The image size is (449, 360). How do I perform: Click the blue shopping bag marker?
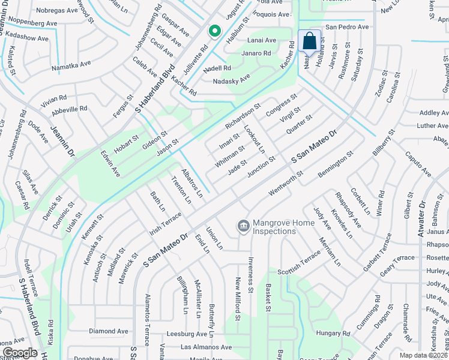309,41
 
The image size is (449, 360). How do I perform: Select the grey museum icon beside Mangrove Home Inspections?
244,226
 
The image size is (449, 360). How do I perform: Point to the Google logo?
20,353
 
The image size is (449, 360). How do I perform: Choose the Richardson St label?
243,116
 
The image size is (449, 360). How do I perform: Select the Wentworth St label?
286,182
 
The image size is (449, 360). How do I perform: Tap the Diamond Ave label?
109,331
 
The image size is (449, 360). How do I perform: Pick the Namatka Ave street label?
71,66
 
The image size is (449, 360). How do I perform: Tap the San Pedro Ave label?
347,27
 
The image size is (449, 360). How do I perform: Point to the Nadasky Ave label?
232,80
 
